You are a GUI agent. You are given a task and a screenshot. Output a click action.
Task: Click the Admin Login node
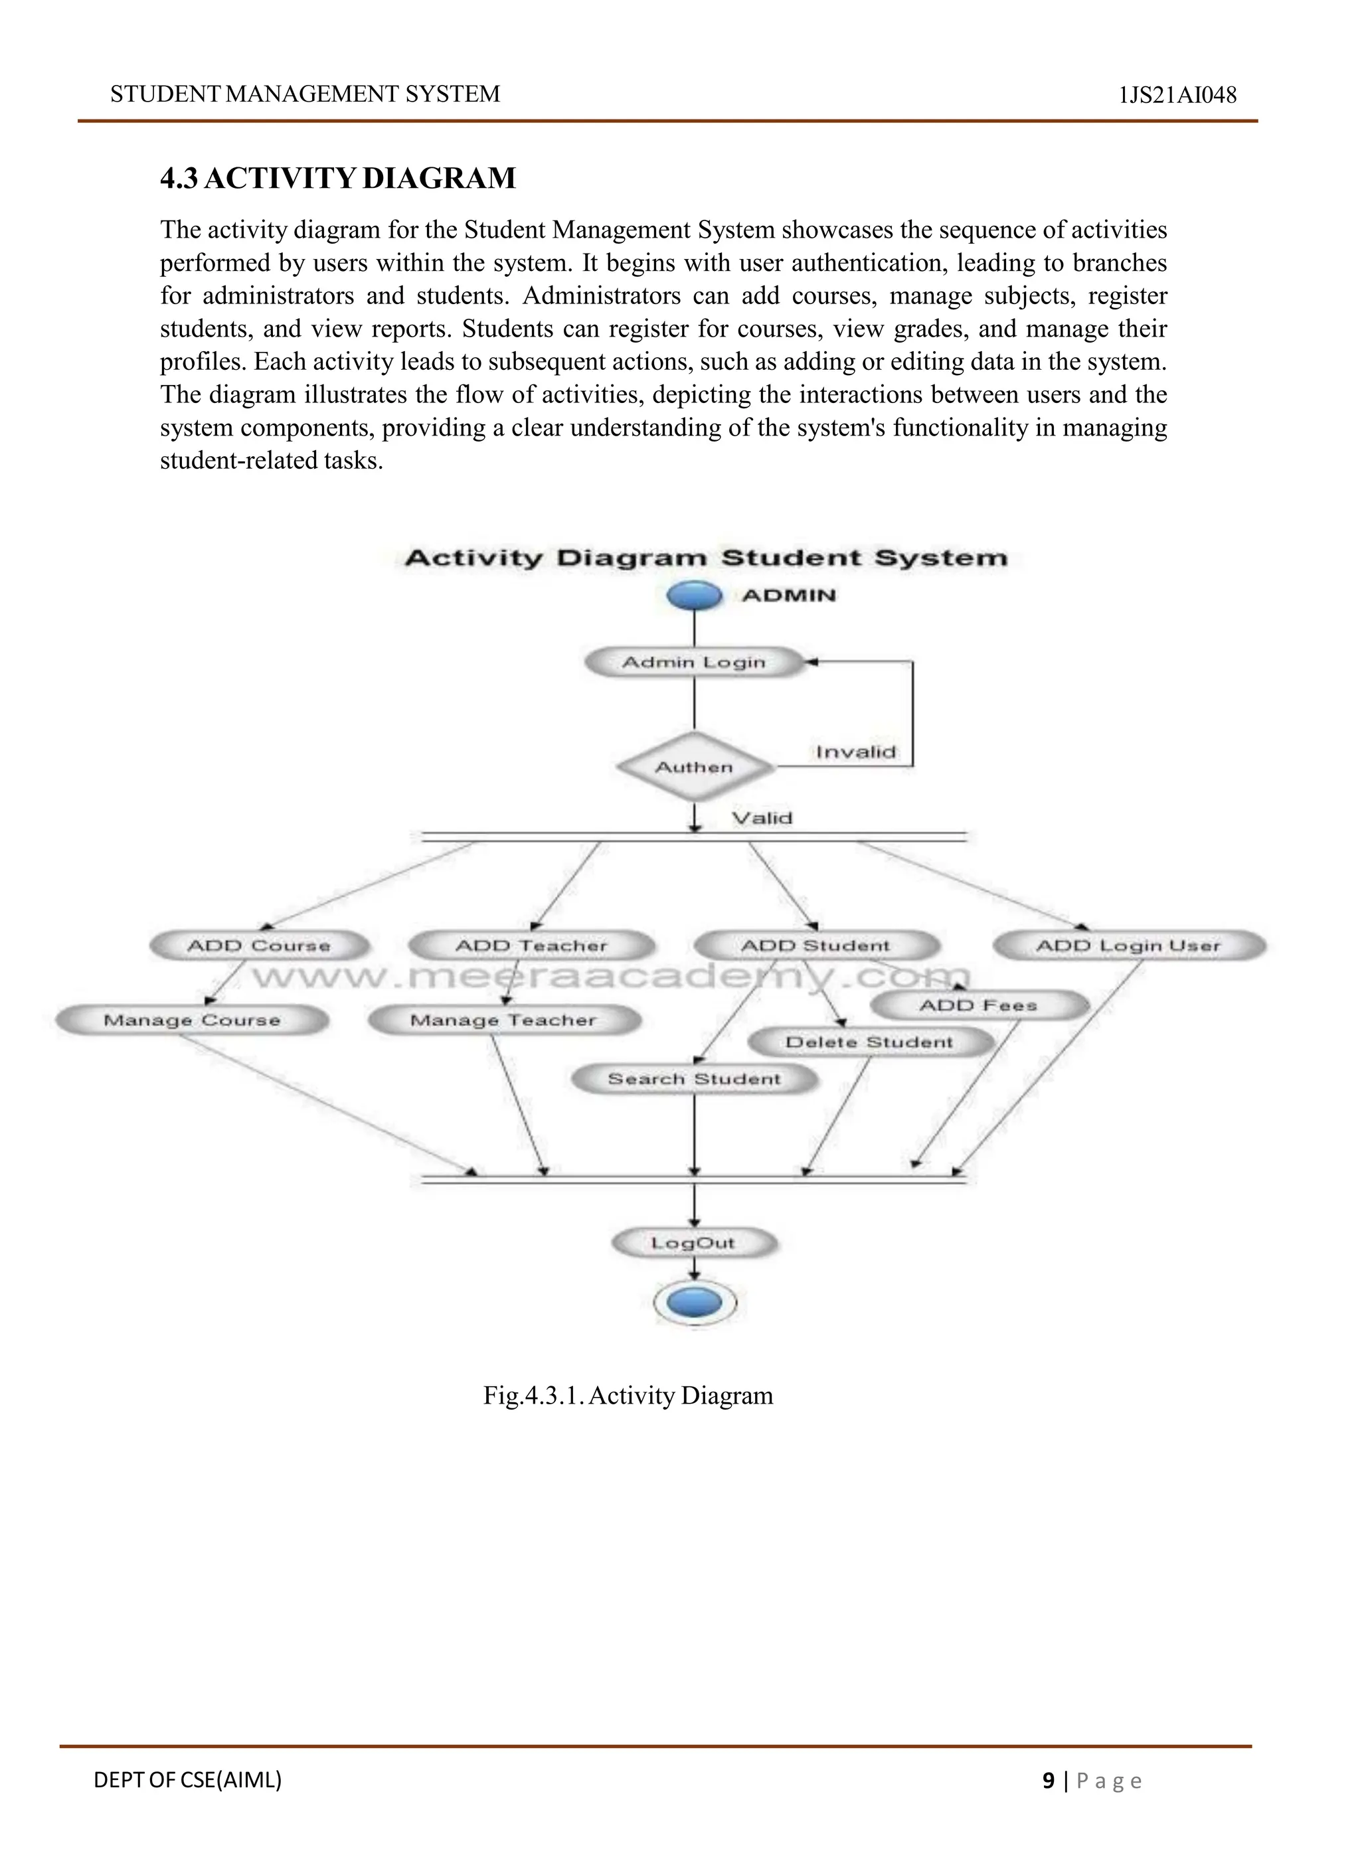[694, 663]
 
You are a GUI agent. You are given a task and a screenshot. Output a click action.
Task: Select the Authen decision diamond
[695, 768]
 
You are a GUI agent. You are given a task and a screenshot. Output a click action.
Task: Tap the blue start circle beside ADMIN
[695, 595]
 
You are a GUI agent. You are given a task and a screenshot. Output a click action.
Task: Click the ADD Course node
[259, 945]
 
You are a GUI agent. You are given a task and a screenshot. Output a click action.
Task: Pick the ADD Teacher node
[532, 945]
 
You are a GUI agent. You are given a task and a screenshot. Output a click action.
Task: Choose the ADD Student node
[816, 945]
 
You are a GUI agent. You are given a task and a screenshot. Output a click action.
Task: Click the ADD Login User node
[1128, 945]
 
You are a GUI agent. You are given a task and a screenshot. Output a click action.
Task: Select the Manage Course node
[193, 1020]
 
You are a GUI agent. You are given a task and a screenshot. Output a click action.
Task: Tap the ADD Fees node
[979, 1005]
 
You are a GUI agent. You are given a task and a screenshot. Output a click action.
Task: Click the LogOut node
[694, 1243]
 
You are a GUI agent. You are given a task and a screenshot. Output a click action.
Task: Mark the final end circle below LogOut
[695, 1303]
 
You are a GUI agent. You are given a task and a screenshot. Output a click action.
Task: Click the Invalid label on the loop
[855, 752]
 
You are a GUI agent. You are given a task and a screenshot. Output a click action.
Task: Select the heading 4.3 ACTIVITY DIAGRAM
[338, 179]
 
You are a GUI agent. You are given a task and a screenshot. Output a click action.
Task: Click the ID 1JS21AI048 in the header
[1177, 96]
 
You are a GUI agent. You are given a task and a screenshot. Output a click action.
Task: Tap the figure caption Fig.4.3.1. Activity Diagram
[628, 1396]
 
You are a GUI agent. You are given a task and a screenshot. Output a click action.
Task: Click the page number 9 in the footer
[1049, 1781]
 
